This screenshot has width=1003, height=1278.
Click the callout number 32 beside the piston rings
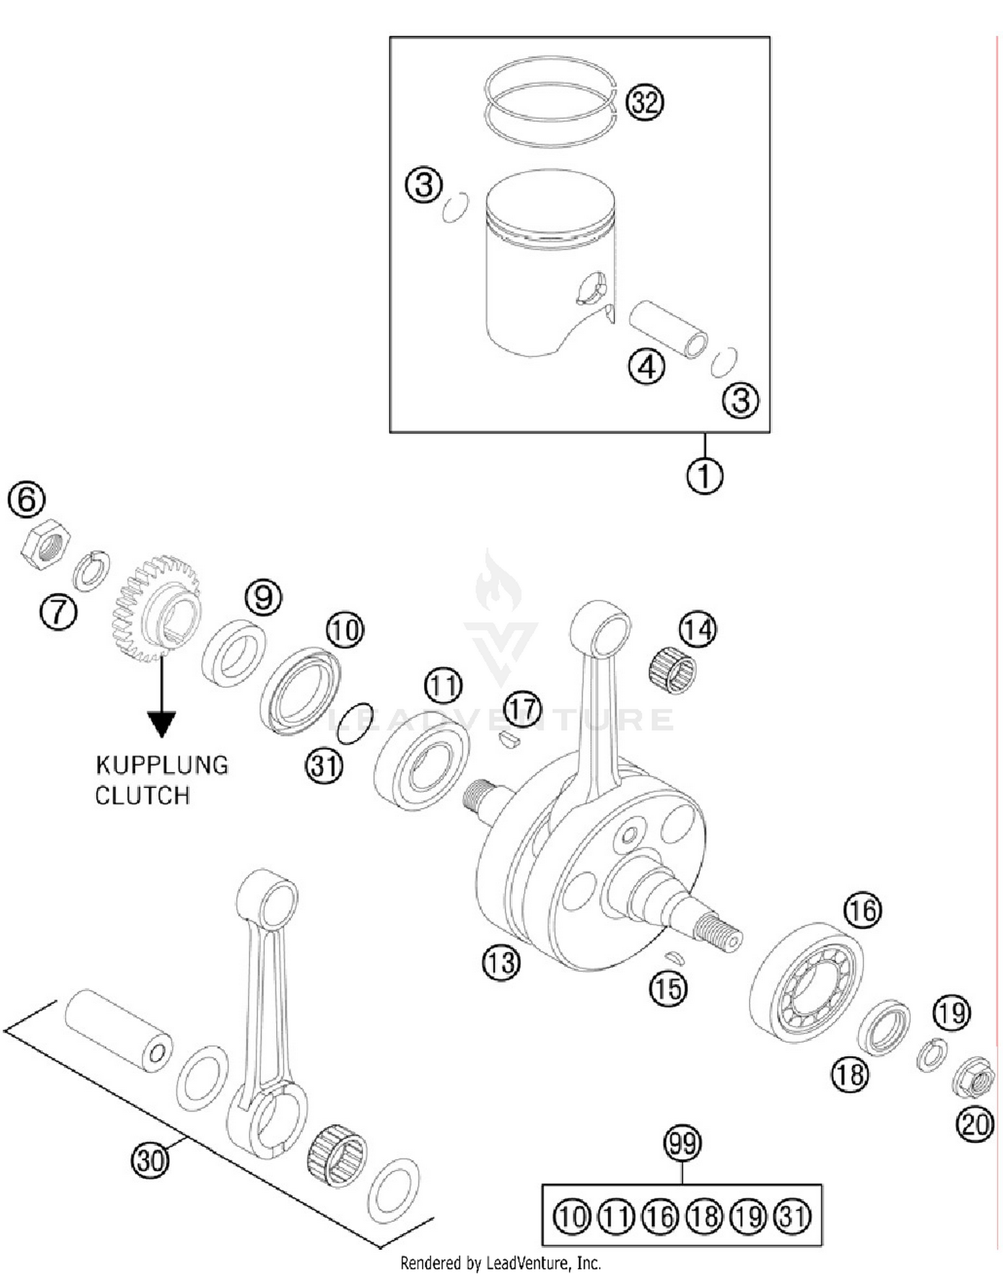click(x=644, y=103)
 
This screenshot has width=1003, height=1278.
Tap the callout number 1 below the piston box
click(x=704, y=476)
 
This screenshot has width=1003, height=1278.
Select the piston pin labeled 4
click(x=668, y=328)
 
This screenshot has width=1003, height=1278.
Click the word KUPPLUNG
click(x=162, y=765)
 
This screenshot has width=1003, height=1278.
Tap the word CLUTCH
click(x=142, y=795)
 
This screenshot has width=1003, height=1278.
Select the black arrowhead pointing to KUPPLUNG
click(x=161, y=724)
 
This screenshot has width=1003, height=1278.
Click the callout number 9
click(x=263, y=597)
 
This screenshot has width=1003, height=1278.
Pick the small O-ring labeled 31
click(x=354, y=723)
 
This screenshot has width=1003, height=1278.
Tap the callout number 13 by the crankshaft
click(x=500, y=963)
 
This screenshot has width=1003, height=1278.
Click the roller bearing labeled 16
click(x=806, y=981)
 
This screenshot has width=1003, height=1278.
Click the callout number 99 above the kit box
click(x=681, y=1143)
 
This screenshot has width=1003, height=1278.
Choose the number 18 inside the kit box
click(x=704, y=1217)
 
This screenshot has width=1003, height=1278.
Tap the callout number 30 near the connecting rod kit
click(x=149, y=1160)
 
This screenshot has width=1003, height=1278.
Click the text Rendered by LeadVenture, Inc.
click(x=500, y=1263)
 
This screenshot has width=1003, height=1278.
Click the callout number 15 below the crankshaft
click(x=668, y=988)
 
